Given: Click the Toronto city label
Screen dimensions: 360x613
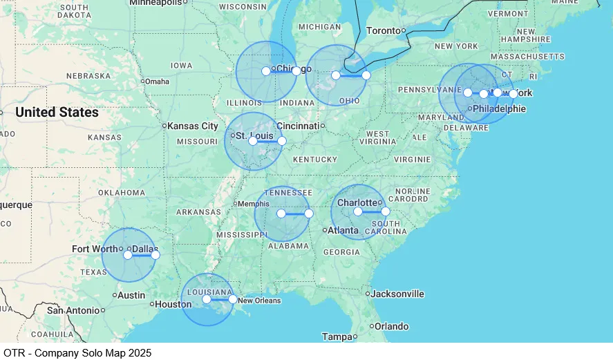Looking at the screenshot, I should [384, 30].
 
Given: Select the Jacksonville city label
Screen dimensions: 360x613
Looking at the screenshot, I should [397, 294].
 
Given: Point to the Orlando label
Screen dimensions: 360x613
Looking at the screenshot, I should [391, 326].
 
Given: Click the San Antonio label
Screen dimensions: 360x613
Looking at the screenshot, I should [73, 310].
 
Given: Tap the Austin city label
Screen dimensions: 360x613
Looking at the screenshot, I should [131, 295].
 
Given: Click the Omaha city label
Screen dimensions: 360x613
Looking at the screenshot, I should [157, 81].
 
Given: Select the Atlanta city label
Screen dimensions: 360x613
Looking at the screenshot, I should [343, 230].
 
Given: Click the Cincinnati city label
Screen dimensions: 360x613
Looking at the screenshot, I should [298, 126].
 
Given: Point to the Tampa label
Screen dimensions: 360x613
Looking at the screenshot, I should [337, 337].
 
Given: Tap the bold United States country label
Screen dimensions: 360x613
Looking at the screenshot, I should [57, 112].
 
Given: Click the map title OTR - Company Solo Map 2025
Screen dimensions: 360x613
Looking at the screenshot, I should [77, 352].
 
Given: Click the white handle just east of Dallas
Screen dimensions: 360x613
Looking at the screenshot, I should [155, 255].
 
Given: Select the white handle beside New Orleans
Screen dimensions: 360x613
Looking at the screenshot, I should [233, 299].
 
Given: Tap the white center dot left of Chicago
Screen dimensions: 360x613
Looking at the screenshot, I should [266, 71].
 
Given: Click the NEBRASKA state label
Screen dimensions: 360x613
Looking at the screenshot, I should [88, 75].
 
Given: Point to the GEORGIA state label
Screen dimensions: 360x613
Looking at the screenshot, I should [341, 252].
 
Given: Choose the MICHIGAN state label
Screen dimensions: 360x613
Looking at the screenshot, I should [319, 26].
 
